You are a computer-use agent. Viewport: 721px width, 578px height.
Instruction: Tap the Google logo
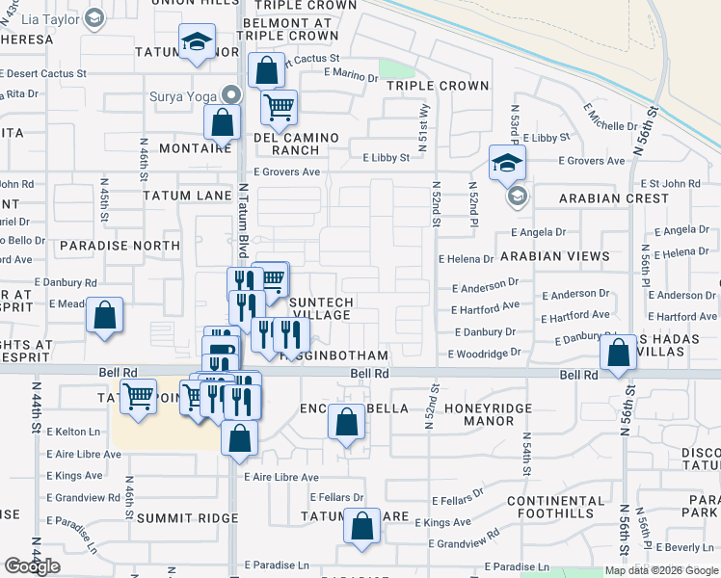[32, 566]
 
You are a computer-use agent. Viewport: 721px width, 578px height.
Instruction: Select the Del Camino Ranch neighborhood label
[296, 144]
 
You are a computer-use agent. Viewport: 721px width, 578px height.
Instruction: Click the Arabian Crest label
[613, 198]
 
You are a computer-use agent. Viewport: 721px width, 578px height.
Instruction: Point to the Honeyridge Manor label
[489, 415]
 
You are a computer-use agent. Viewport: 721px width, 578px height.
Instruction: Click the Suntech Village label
[322, 308]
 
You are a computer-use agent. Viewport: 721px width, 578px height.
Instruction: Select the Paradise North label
[119, 246]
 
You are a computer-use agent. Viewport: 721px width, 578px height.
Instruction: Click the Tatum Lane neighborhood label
[187, 196]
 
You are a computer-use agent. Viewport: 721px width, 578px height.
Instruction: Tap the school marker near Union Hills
[198, 42]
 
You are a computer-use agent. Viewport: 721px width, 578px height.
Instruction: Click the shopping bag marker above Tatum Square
[361, 526]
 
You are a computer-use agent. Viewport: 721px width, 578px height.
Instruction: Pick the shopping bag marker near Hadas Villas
[617, 353]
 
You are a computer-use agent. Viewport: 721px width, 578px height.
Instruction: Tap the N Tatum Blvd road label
[245, 217]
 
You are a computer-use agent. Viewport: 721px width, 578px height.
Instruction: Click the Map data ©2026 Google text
[662, 570]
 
